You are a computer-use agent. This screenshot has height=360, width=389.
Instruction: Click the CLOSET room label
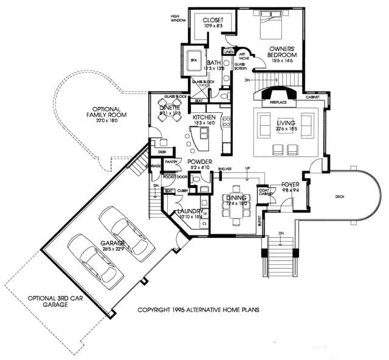coord(213,19)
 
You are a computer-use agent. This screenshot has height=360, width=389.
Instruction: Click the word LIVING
coord(285,123)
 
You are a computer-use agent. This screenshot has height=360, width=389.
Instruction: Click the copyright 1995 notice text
coord(198,309)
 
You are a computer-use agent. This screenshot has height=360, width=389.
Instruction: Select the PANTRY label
coord(171,162)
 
